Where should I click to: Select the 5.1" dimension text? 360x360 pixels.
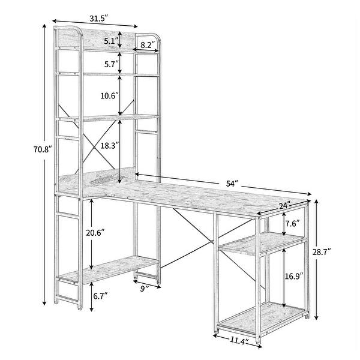click(x=109, y=41)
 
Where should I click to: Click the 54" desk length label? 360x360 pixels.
click(x=232, y=182)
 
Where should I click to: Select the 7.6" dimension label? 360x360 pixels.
click(x=293, y=224)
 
